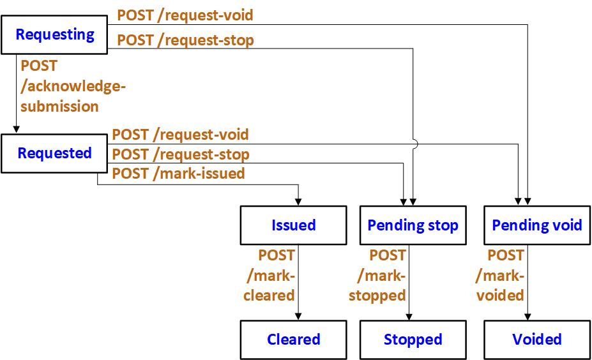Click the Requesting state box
tap(54, 34)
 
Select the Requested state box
tap(54, 153)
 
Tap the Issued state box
tap(293, 225)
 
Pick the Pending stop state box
tap(413, 225)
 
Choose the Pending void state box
tap(536, 225)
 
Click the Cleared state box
tap(293, 340)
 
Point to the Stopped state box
tap(413, 340)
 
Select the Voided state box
tap(536, 340)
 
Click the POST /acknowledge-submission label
tap(60, 86)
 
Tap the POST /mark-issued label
tap(178, 173)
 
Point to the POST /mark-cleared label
tap(269, 275)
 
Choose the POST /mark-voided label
tap(501, 275)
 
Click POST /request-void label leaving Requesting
tap(185, 15)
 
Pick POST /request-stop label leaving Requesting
tap(185, 40)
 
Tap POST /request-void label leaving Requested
tap(180, 135)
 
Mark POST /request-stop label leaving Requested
tap(180, 154)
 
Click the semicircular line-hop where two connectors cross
tap(414, 144)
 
